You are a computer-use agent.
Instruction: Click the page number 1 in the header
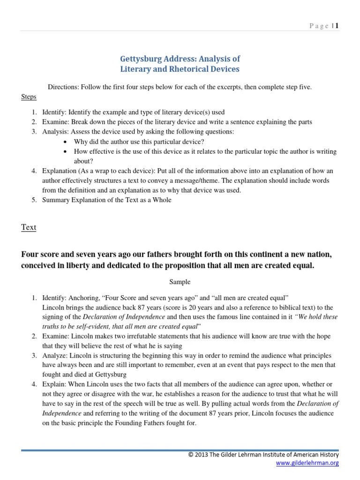tap(337, 26)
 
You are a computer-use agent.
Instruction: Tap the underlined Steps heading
tap(29, 97)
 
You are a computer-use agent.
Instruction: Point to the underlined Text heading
tap(29, 227)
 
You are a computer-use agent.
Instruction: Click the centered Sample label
tap(180, 282)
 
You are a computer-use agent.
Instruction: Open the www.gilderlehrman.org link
tap(307, 463)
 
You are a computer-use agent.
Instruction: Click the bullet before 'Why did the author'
tap(65, 142)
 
